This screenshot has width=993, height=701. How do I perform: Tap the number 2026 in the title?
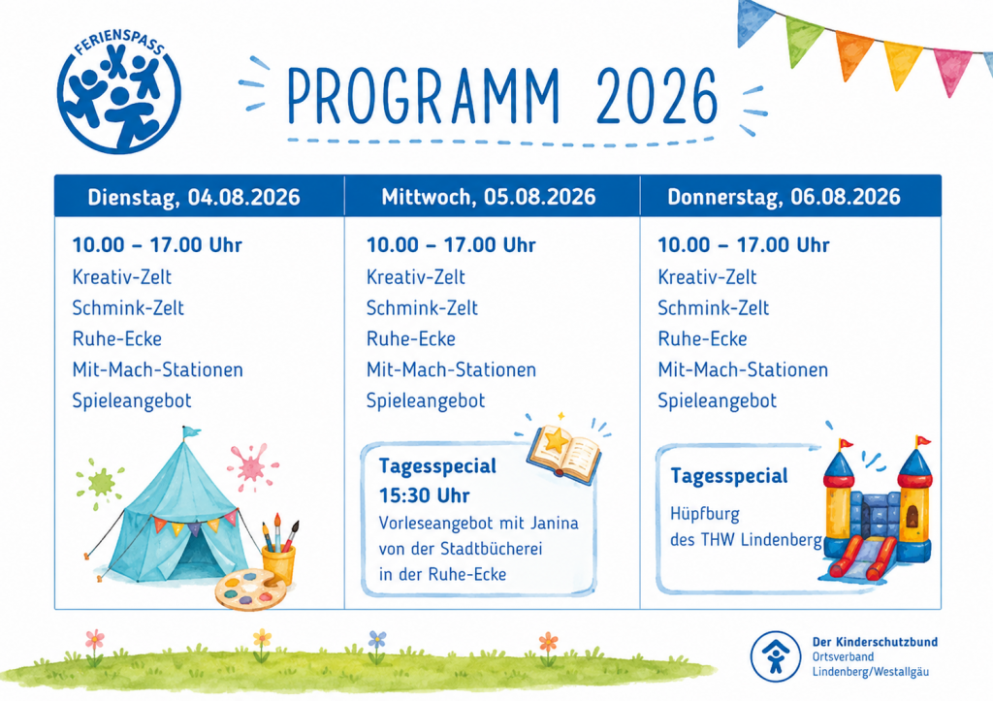657,96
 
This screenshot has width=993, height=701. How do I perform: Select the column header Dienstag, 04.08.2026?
194,197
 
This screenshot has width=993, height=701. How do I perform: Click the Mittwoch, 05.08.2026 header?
489,197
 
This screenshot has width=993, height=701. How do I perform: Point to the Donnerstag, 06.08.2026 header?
784,197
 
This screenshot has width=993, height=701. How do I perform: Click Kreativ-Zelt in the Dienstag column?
121,276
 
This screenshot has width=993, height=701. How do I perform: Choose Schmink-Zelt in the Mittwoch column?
422,307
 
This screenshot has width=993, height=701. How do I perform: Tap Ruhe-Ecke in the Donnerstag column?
702,338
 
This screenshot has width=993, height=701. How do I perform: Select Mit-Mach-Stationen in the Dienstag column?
158,369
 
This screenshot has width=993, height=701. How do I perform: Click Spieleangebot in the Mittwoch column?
426,400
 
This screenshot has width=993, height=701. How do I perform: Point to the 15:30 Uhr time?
425,495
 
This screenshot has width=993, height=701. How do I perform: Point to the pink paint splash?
252,466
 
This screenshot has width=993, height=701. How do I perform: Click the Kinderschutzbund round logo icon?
775,656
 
